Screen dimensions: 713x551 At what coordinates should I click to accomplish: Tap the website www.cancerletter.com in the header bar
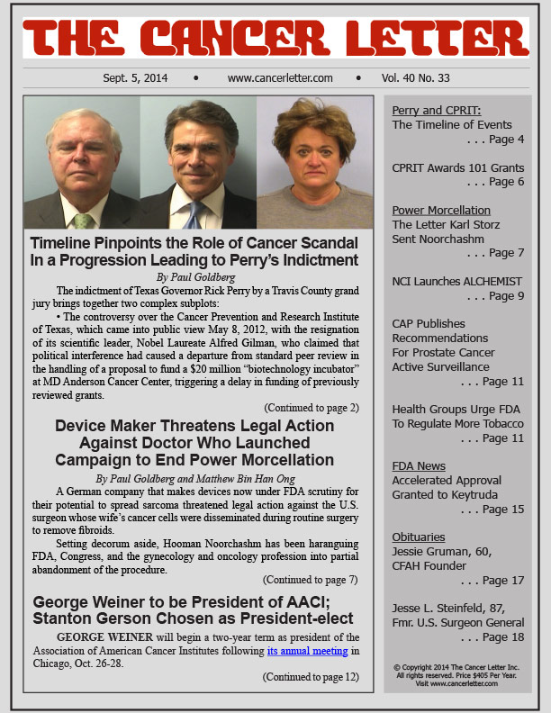tap(280, 78)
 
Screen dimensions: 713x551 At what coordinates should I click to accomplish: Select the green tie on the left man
tap(84, 219)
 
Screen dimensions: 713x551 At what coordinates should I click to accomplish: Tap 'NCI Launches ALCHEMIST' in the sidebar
tap(456, 282)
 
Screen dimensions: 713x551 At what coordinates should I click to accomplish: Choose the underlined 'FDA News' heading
tap(419, 466)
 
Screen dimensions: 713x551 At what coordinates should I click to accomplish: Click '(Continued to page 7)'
tap(311, 580)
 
